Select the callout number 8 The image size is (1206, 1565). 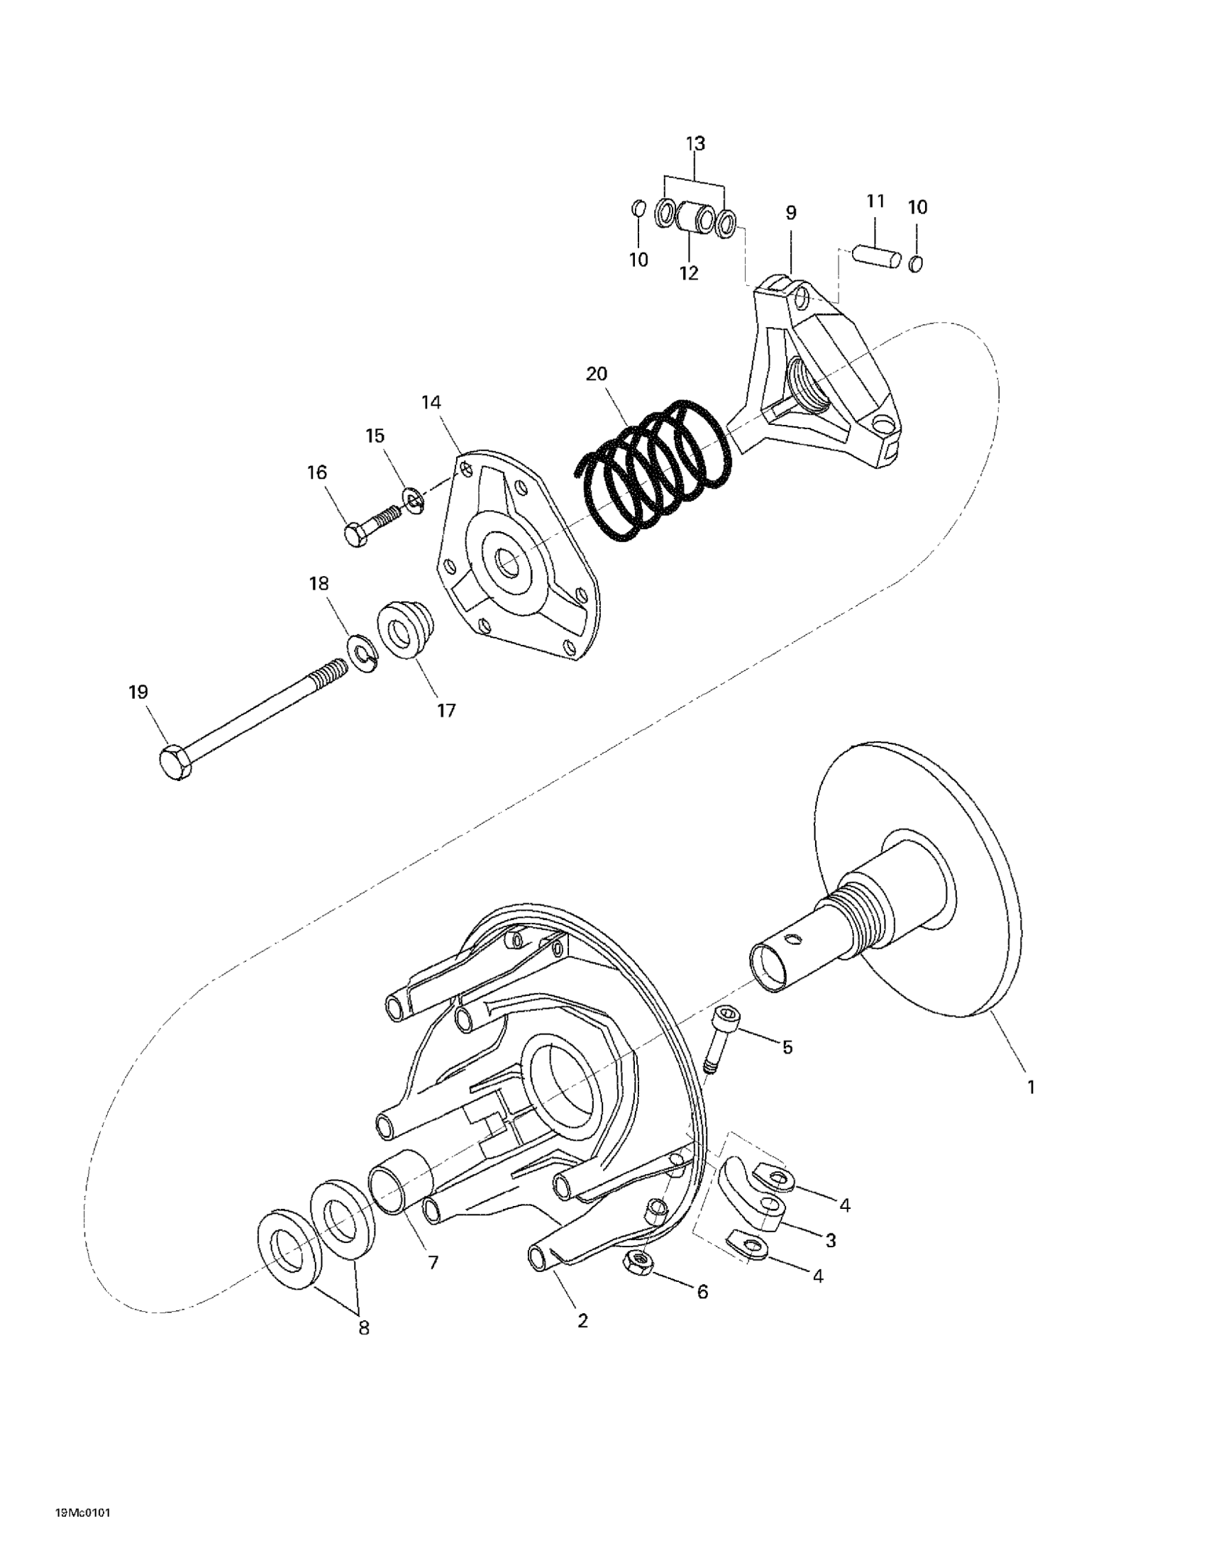pos(364,1327)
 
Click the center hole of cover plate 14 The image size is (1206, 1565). pos(509,565)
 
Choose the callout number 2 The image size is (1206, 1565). pos(582,1320)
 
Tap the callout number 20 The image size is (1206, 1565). pos(596,373)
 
